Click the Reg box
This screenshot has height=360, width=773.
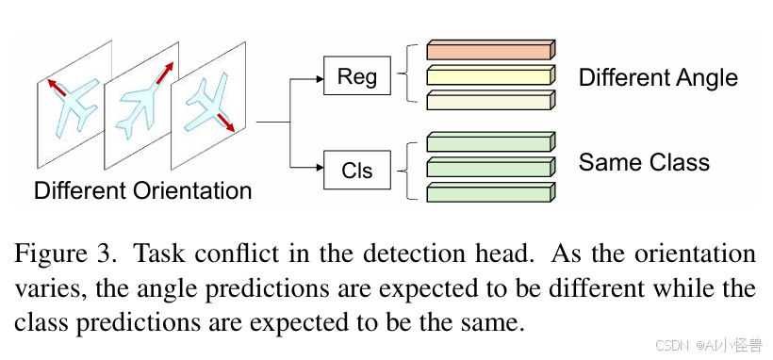click(357, 75)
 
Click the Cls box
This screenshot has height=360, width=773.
click(357, 170)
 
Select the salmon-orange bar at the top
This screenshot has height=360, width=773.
click(491, 50)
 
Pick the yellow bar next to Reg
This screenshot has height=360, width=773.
click(491, 75)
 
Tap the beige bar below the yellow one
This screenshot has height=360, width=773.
click(491, 100)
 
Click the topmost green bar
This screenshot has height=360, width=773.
click(491, 141)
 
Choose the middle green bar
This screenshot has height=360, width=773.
click(491, 167)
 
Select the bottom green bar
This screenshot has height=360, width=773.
click(491, 192)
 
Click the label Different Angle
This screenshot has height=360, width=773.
click(658, 78)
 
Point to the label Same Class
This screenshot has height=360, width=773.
click(644, 162)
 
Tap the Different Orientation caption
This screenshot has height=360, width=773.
click(143, 189)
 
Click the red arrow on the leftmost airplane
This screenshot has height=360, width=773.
click(57, 87)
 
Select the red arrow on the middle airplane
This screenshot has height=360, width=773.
click(165, 73)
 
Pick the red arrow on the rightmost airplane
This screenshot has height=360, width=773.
click(223, 122)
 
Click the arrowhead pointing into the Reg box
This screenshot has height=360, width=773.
click(320, 79)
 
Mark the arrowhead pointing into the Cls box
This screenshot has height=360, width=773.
click(320, 168)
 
